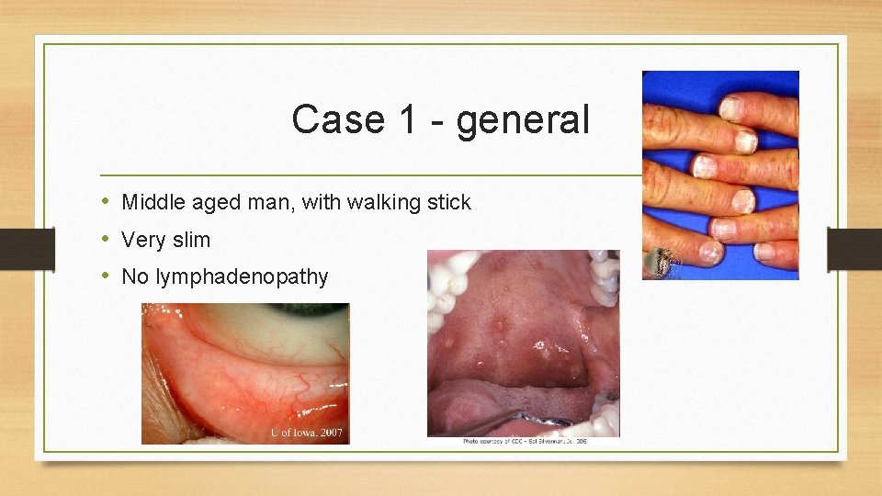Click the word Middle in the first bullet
(x=153, y=202)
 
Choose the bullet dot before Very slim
(x=106, y=240)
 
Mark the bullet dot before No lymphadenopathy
(x=106, y=276)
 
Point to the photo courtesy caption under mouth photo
(x=525, y=442)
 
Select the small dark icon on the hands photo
(x=661, y=265)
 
